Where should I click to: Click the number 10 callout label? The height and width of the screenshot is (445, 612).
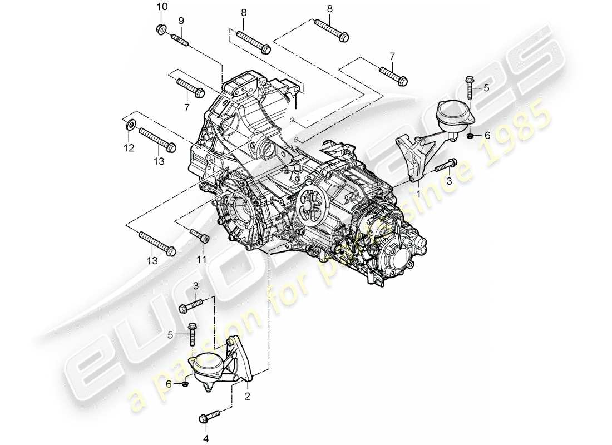tap(161, 7)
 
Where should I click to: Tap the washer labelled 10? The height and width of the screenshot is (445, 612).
tap(160, 29)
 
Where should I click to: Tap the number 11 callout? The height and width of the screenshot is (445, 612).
tap(201, 260)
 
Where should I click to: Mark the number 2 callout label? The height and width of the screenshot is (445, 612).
tap(247, 397)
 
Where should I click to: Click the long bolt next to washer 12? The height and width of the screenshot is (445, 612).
tap(157, 139)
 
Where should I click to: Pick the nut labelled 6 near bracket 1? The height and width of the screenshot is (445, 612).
tap(471, 135)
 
